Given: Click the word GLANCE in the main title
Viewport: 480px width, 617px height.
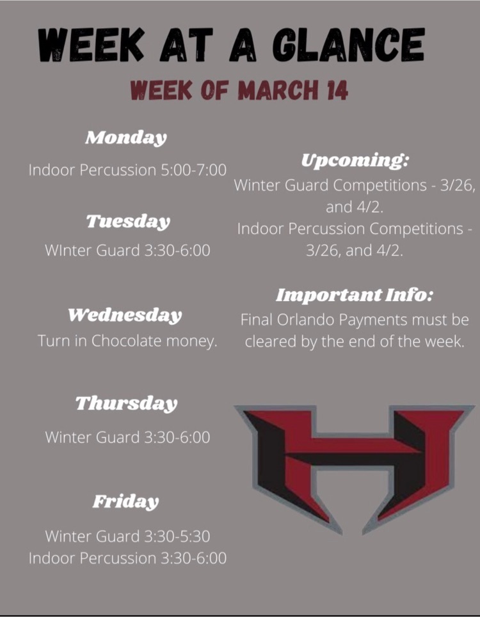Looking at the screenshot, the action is (349, 45).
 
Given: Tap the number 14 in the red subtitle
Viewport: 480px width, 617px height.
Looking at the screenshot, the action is (337, 90).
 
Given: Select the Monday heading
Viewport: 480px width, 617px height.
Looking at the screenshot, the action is (126, 138).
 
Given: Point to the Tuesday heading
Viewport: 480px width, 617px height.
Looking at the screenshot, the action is (128, 221).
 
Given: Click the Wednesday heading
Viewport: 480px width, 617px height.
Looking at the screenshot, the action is (125, 315).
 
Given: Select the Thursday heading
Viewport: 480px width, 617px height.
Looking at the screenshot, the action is (126, 403).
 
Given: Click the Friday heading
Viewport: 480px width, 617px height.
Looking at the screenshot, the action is (125, 502).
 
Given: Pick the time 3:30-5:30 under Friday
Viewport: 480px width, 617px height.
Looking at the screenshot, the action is (177, 536).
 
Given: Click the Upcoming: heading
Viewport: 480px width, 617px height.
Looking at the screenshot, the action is (355, 160).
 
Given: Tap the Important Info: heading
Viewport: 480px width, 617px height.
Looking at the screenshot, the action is (355, 295).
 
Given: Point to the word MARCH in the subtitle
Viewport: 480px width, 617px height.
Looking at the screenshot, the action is (278, 90).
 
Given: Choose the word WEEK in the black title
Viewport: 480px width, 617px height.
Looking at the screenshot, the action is (91, 45).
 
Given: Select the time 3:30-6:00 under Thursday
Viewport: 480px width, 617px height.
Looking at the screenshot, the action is (177, 437).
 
